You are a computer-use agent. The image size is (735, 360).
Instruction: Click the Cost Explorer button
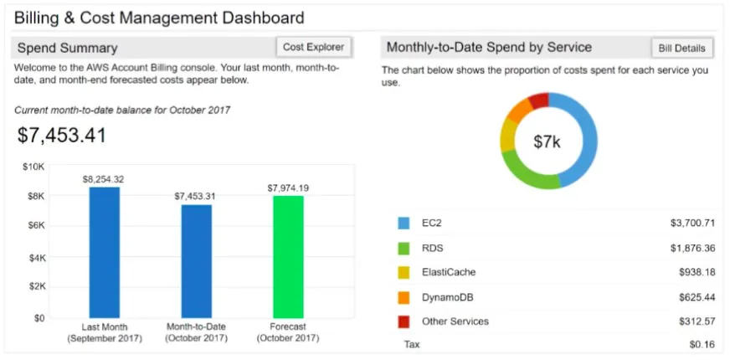(x=313, y=47)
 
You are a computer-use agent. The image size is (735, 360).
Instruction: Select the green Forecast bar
(x=288, y=257)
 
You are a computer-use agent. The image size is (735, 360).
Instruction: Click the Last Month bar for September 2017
(x=105, y=253)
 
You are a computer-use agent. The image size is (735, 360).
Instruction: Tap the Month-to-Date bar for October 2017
(x=197, y=261)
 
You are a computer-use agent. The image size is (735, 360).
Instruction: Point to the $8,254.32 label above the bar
(x=104, y=179)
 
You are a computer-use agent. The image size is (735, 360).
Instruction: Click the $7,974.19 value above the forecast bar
(x=289, y=188)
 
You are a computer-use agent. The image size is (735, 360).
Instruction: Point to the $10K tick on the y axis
(x=33, y=167)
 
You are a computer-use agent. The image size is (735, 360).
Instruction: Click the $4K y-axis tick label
(x=36, y=258)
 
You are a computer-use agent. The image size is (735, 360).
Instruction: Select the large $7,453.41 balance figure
(x=62, y=135)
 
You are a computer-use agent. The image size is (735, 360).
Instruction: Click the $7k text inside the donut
(x=547, y=141)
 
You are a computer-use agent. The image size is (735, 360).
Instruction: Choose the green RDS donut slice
(x=527, y=173)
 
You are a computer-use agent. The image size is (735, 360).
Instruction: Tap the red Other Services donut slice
(x=540, y=100)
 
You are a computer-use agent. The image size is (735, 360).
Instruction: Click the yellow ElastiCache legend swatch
(x=403, y=273)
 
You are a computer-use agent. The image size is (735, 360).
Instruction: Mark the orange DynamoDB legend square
(x=403, y=297)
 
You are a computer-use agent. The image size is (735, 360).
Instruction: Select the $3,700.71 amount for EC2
(x=693, y=224)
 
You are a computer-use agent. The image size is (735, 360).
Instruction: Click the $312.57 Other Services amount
(x=697, y=321)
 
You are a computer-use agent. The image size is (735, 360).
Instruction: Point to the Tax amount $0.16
(x=702, y=345)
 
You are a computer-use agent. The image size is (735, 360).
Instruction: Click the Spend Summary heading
(x=68, y=48)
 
